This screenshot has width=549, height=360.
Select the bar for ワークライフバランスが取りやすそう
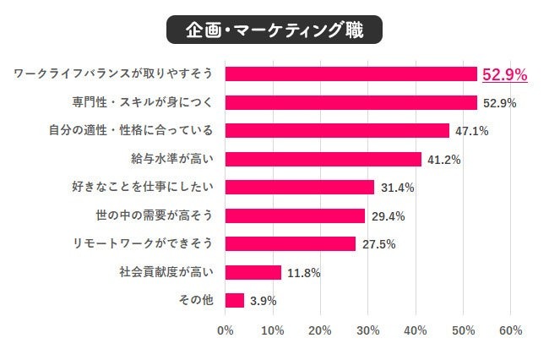(x=351, y=74)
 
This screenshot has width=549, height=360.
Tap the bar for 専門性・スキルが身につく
(x=351, y=102)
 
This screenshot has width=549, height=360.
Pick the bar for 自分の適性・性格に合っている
(x=338, y=131)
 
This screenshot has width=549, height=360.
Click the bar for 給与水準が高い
(x=323, y=159)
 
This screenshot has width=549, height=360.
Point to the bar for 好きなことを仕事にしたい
(x=300, y=188)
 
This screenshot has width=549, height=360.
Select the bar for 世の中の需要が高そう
(x=296, y=215)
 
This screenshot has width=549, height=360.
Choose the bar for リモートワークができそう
(x=291, y=243)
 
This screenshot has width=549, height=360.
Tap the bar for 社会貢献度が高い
(x=253, y=272)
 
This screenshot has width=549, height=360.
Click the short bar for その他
(x=235, y=300)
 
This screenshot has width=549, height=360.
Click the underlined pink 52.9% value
(x=504, y=75)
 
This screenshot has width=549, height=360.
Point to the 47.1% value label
(x=471, y=131)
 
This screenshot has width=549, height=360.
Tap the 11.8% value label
(x=302, y=272)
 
